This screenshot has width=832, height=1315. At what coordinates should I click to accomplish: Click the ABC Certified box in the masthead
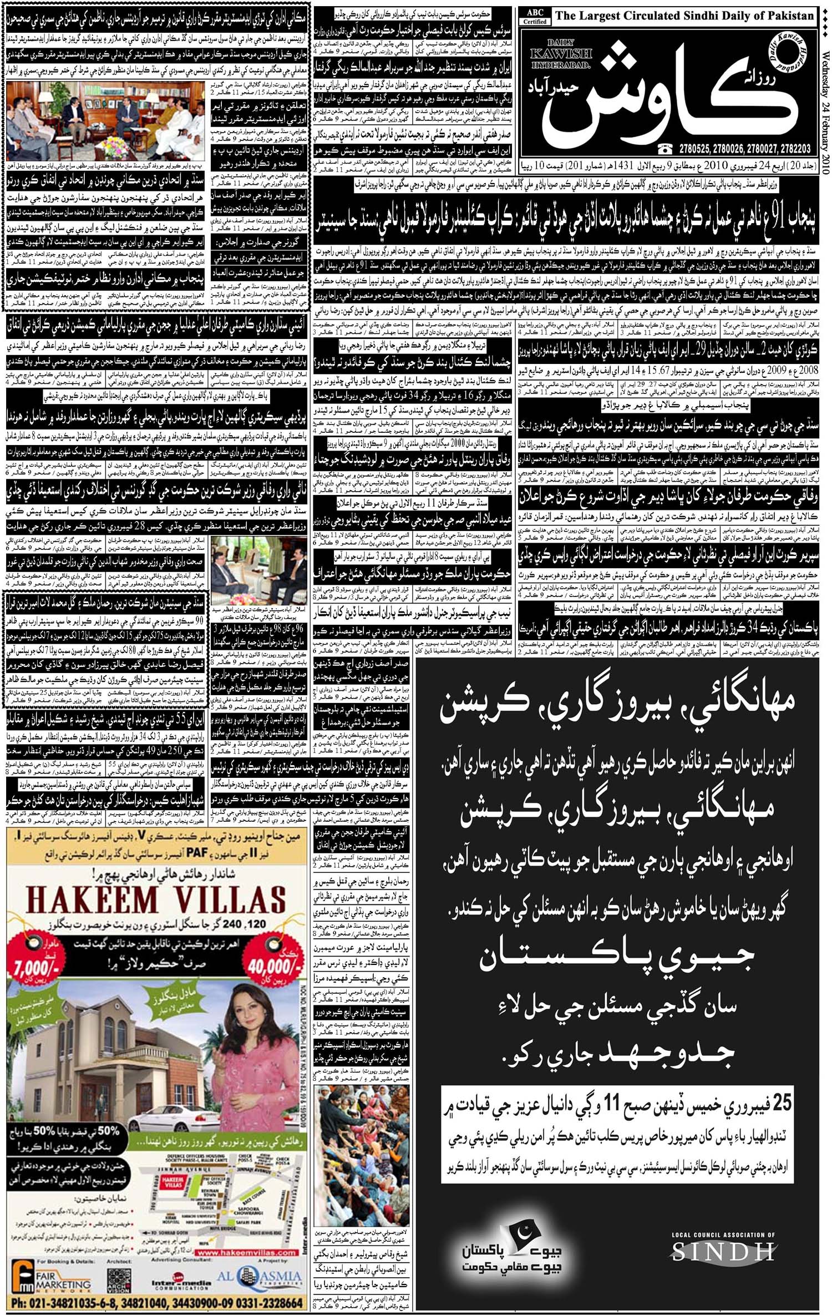535,17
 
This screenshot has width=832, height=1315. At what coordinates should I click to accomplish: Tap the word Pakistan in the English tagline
784,16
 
